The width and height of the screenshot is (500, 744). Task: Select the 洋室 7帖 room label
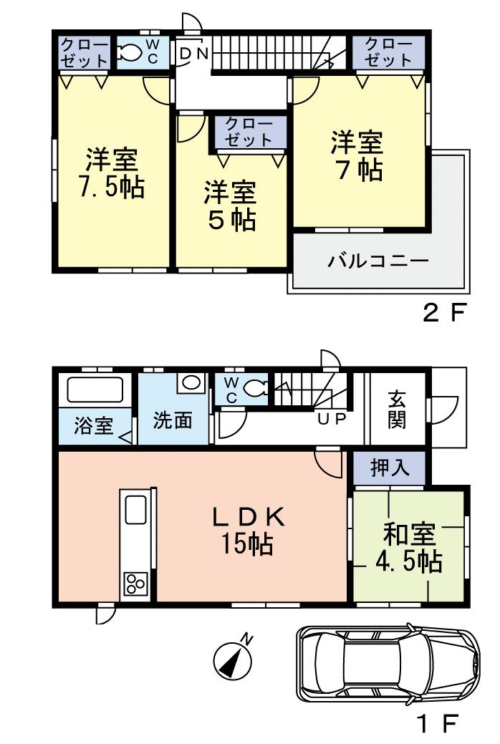click(356, 155)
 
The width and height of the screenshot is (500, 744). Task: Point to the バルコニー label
click(378, 260)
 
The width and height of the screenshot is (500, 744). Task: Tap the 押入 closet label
click(390, 468)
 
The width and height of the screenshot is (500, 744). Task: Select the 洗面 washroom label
click(173, 420)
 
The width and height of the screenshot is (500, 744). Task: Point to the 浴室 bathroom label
click(93, 425)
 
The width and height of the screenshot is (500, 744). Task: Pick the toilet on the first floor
click(255, 388)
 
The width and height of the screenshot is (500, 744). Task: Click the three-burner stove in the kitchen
click(135, 584)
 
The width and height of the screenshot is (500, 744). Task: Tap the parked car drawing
click(387, 663)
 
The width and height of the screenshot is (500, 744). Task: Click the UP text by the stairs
click(332, 420)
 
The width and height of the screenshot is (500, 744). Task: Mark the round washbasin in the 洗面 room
click(191, 382)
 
